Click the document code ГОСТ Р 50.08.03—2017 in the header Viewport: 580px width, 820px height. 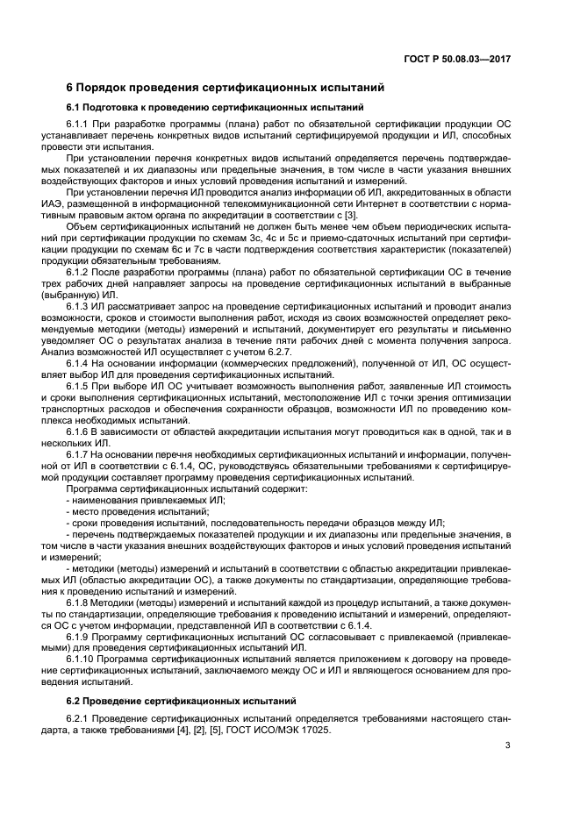click(x=464, y=59)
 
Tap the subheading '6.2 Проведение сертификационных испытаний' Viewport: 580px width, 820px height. click(x=179, y=702)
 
